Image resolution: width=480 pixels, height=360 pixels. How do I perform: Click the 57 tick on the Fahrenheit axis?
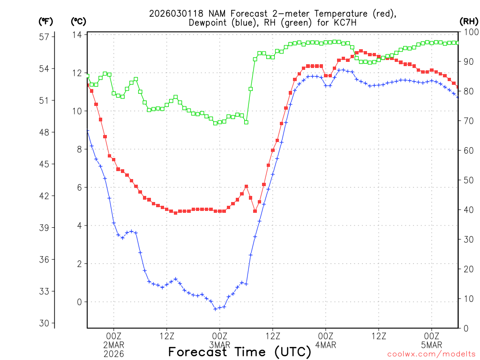pyautogui.click(x=46, y=37)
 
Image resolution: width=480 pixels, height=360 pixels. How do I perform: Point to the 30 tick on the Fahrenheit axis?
pyautogui.click(x=46, y=323)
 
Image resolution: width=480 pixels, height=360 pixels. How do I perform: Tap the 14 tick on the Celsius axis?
pyautogui.click(x=77, y=35)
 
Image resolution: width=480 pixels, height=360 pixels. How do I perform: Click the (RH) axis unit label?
pyautogui.click(x=469, y=21)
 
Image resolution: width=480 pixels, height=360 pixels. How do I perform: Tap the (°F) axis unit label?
pyautogui.click(x=46, y=21)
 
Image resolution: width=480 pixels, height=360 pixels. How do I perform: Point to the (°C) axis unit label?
pyautogui.click(x=78, y=21)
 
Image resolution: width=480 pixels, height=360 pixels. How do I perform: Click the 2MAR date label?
pyautogui.click(x=113, y=345)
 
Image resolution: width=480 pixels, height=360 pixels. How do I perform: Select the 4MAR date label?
pyautogui.click(x=325, y=345)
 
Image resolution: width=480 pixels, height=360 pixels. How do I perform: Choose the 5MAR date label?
pyautogui.click(x=431, y=345)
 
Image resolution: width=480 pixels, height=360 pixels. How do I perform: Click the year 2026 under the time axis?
pyautogui.click(x=113, y=354)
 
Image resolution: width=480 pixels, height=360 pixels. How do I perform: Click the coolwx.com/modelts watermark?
pyautogui.click(x=431, y=354)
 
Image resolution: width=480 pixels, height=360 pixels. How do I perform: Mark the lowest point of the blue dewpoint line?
pyautogui.click(x=215, y=309)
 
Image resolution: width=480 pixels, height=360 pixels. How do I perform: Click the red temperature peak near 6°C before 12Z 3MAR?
pyautogui.click(x=246, y=186)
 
